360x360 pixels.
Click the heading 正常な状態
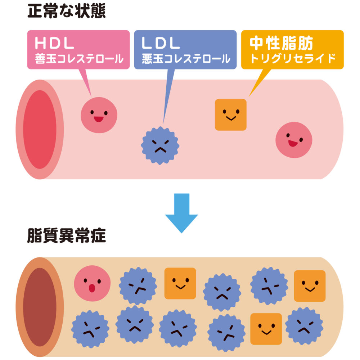tap(67, 12)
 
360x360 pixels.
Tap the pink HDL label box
tap(78, 50)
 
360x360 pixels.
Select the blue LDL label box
tap(185, 50)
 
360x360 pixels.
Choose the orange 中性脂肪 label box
tap(292, 50)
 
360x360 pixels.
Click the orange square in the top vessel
tap(231, 114)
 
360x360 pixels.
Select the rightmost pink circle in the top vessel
tap(294, 140)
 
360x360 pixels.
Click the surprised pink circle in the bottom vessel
tap(92, 284)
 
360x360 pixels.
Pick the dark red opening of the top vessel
tap(40, 129)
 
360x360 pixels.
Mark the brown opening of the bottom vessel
tap(40, 307)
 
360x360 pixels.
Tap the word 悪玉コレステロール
tap(186, 59)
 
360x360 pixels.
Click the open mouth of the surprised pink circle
tap(92, 288)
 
